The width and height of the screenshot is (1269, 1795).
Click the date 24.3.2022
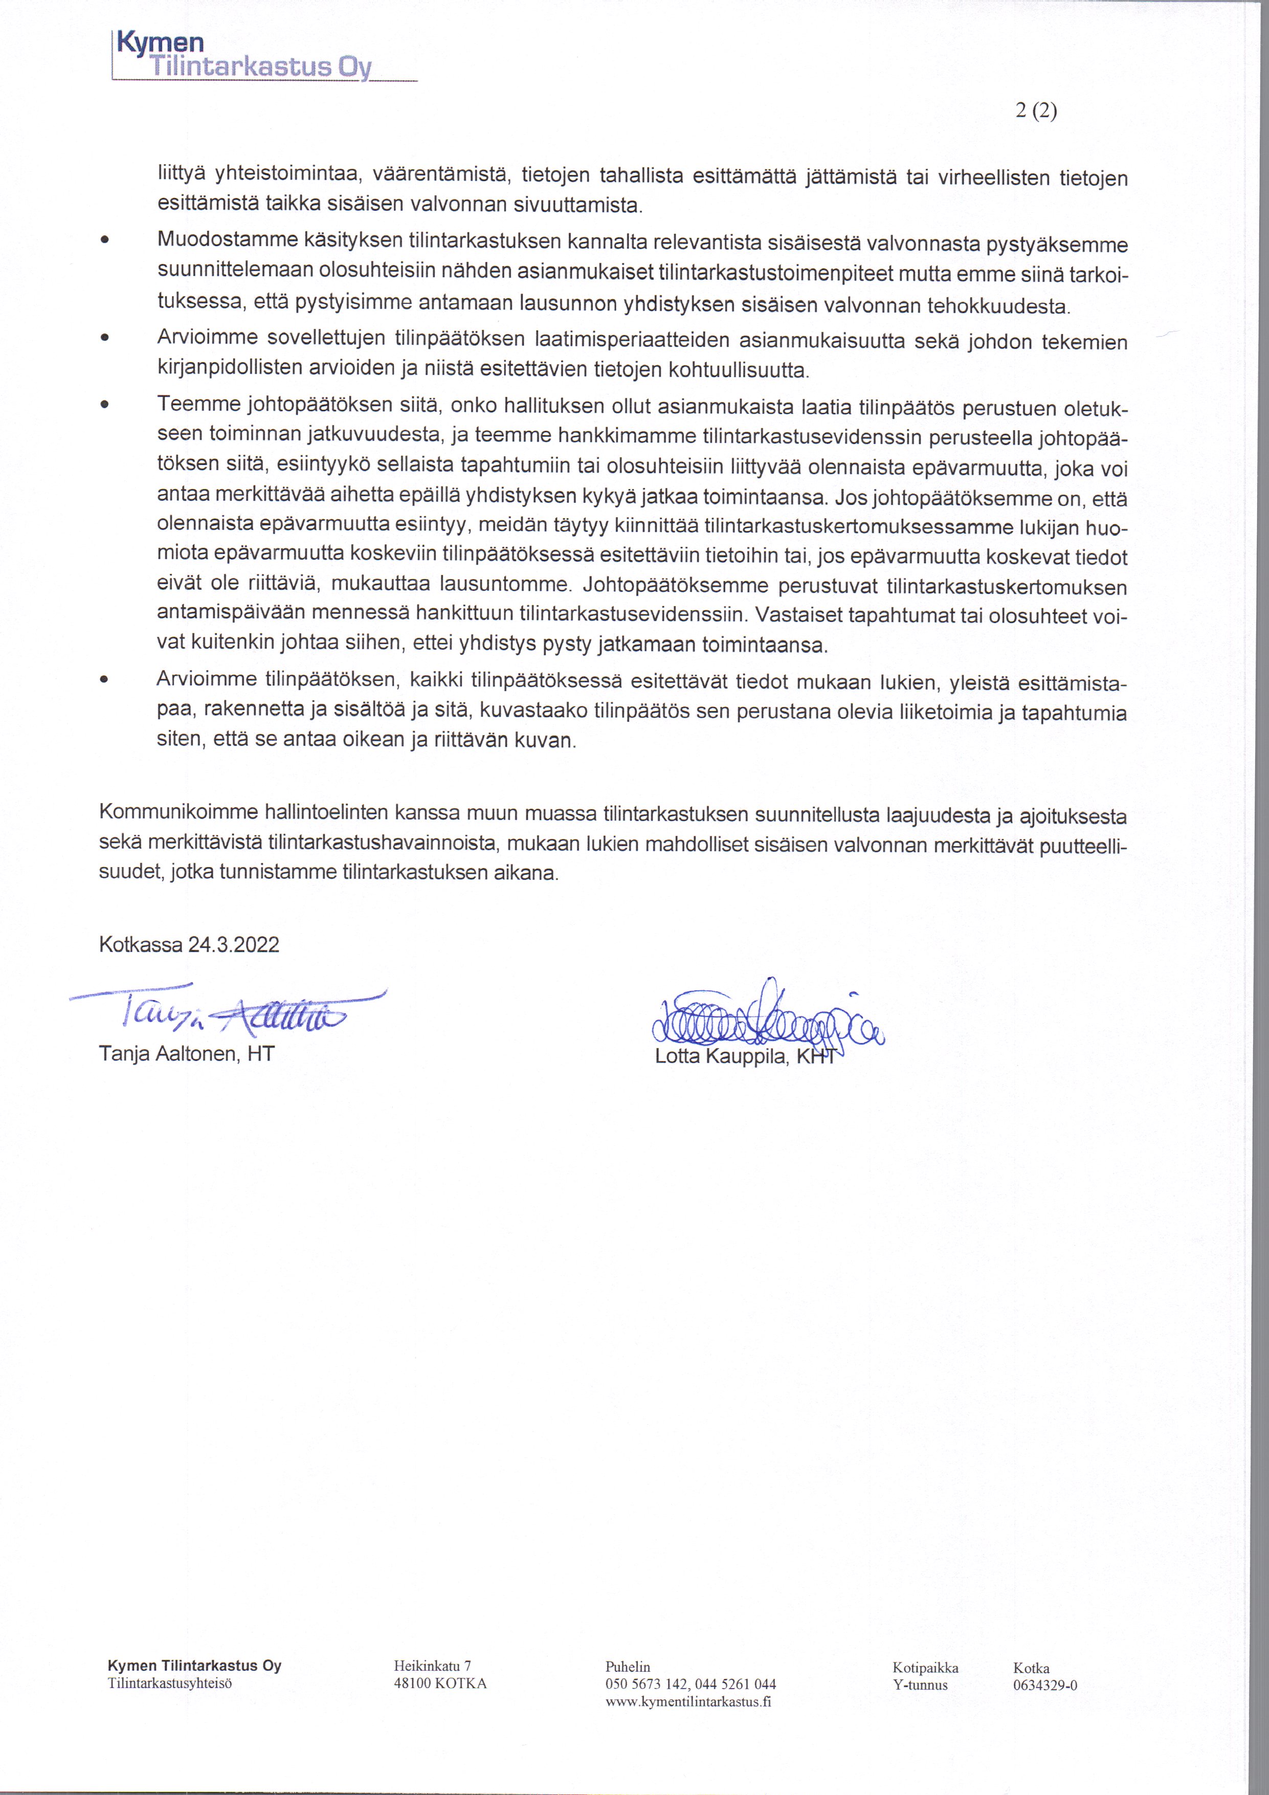pos(234,944)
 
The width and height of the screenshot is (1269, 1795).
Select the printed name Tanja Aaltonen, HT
pos(187,1054)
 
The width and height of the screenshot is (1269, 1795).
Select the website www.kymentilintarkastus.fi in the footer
pos(688,1701)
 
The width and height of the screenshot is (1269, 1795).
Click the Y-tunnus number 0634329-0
pos(1044,1685)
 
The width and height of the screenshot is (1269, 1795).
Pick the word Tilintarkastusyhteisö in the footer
pos(170,1683)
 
